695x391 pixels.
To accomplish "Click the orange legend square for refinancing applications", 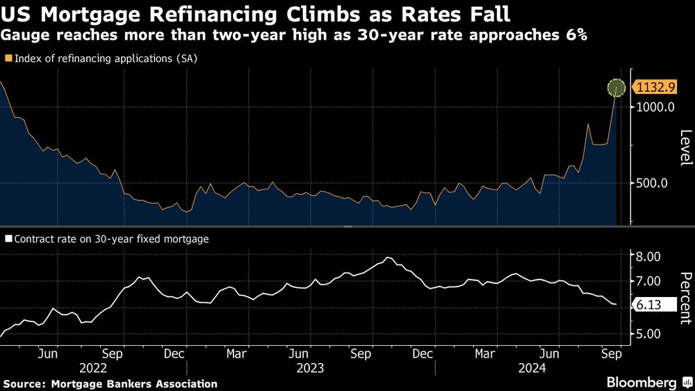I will pos(8,58).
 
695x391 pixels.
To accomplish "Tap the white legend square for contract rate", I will pos(8,238).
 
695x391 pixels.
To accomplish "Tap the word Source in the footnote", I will pos(22,383).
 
